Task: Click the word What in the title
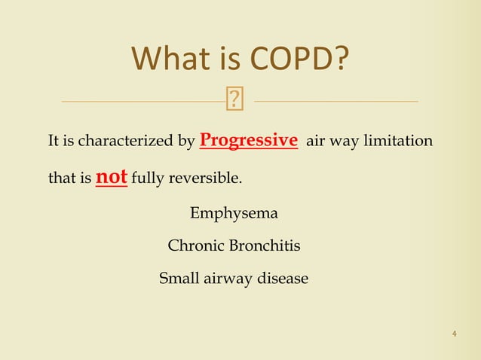[x=169, y=59]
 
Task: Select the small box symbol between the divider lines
[x=235, y=98]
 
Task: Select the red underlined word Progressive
[x=248, y=141]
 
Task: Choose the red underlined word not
[x=112, y=178]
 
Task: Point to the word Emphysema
[x=234, y=214]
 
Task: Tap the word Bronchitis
[x=263, y=246]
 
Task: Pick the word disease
[x=283, y=279]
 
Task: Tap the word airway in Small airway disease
[x=227, y=279]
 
